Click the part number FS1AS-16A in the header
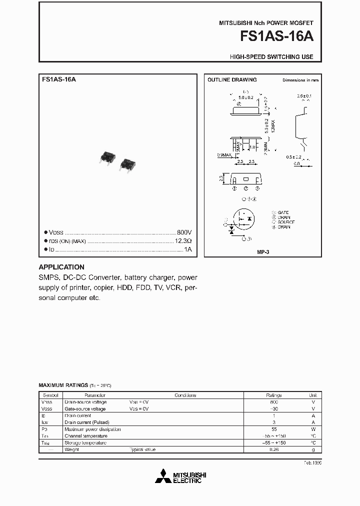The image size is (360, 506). pyautogui.click(x=278, y=37)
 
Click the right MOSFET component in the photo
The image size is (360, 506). pyautogui.click(x=128, y=164)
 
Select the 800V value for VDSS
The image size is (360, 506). pyautogui.click(x=184, y=233)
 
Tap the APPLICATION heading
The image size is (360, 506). pyautogui.click(x=61, y=267)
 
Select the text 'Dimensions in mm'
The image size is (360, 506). pyautogui.click(x=300, y=80)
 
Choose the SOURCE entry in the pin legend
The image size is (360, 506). pyautogui.click(x=285, y=222)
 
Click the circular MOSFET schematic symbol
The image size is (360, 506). pyautogui.click(x=244, y=218)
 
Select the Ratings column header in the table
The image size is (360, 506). pyautogui.click(x=273, y=395)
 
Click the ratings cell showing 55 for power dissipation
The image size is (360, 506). pyautogui.click(x=273, y=429)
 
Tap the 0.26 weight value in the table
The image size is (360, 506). pyautogui.click(x=273, y=449)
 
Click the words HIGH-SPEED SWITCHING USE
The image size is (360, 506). pyautogui.click(x=271, y=57)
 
